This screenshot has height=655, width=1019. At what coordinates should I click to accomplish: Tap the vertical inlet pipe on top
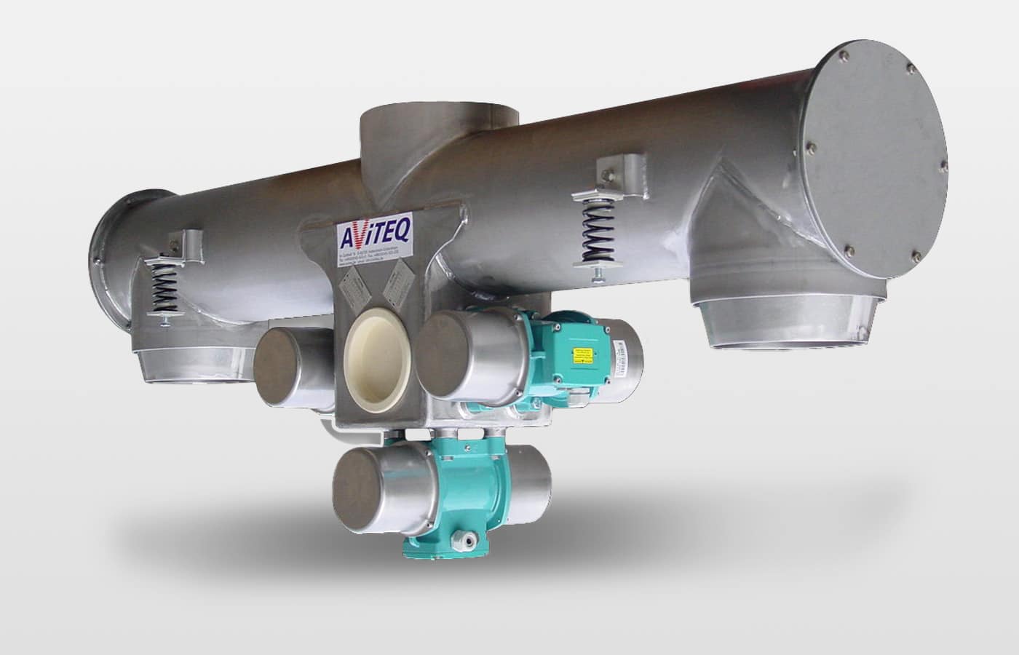click(440, 131)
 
